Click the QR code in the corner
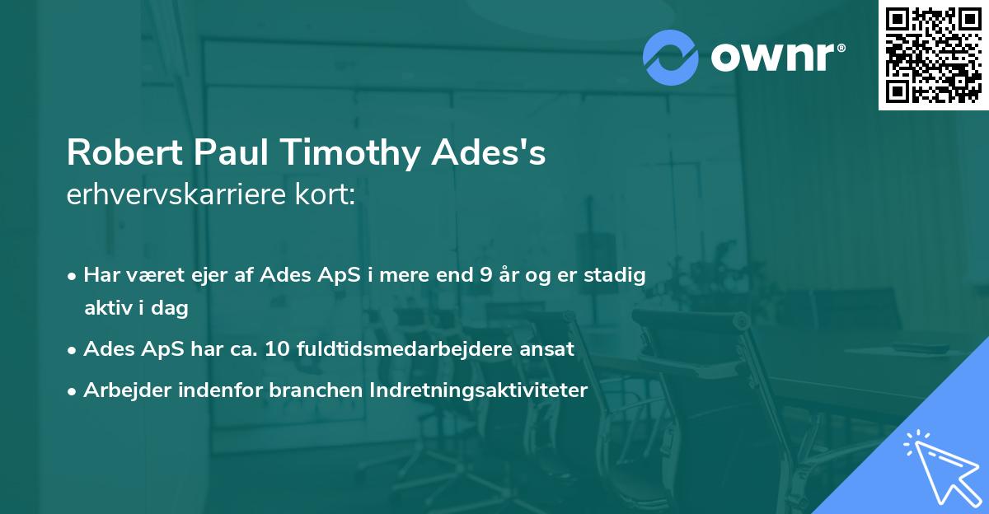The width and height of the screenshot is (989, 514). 933,54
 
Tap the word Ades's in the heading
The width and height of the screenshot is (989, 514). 500,153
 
